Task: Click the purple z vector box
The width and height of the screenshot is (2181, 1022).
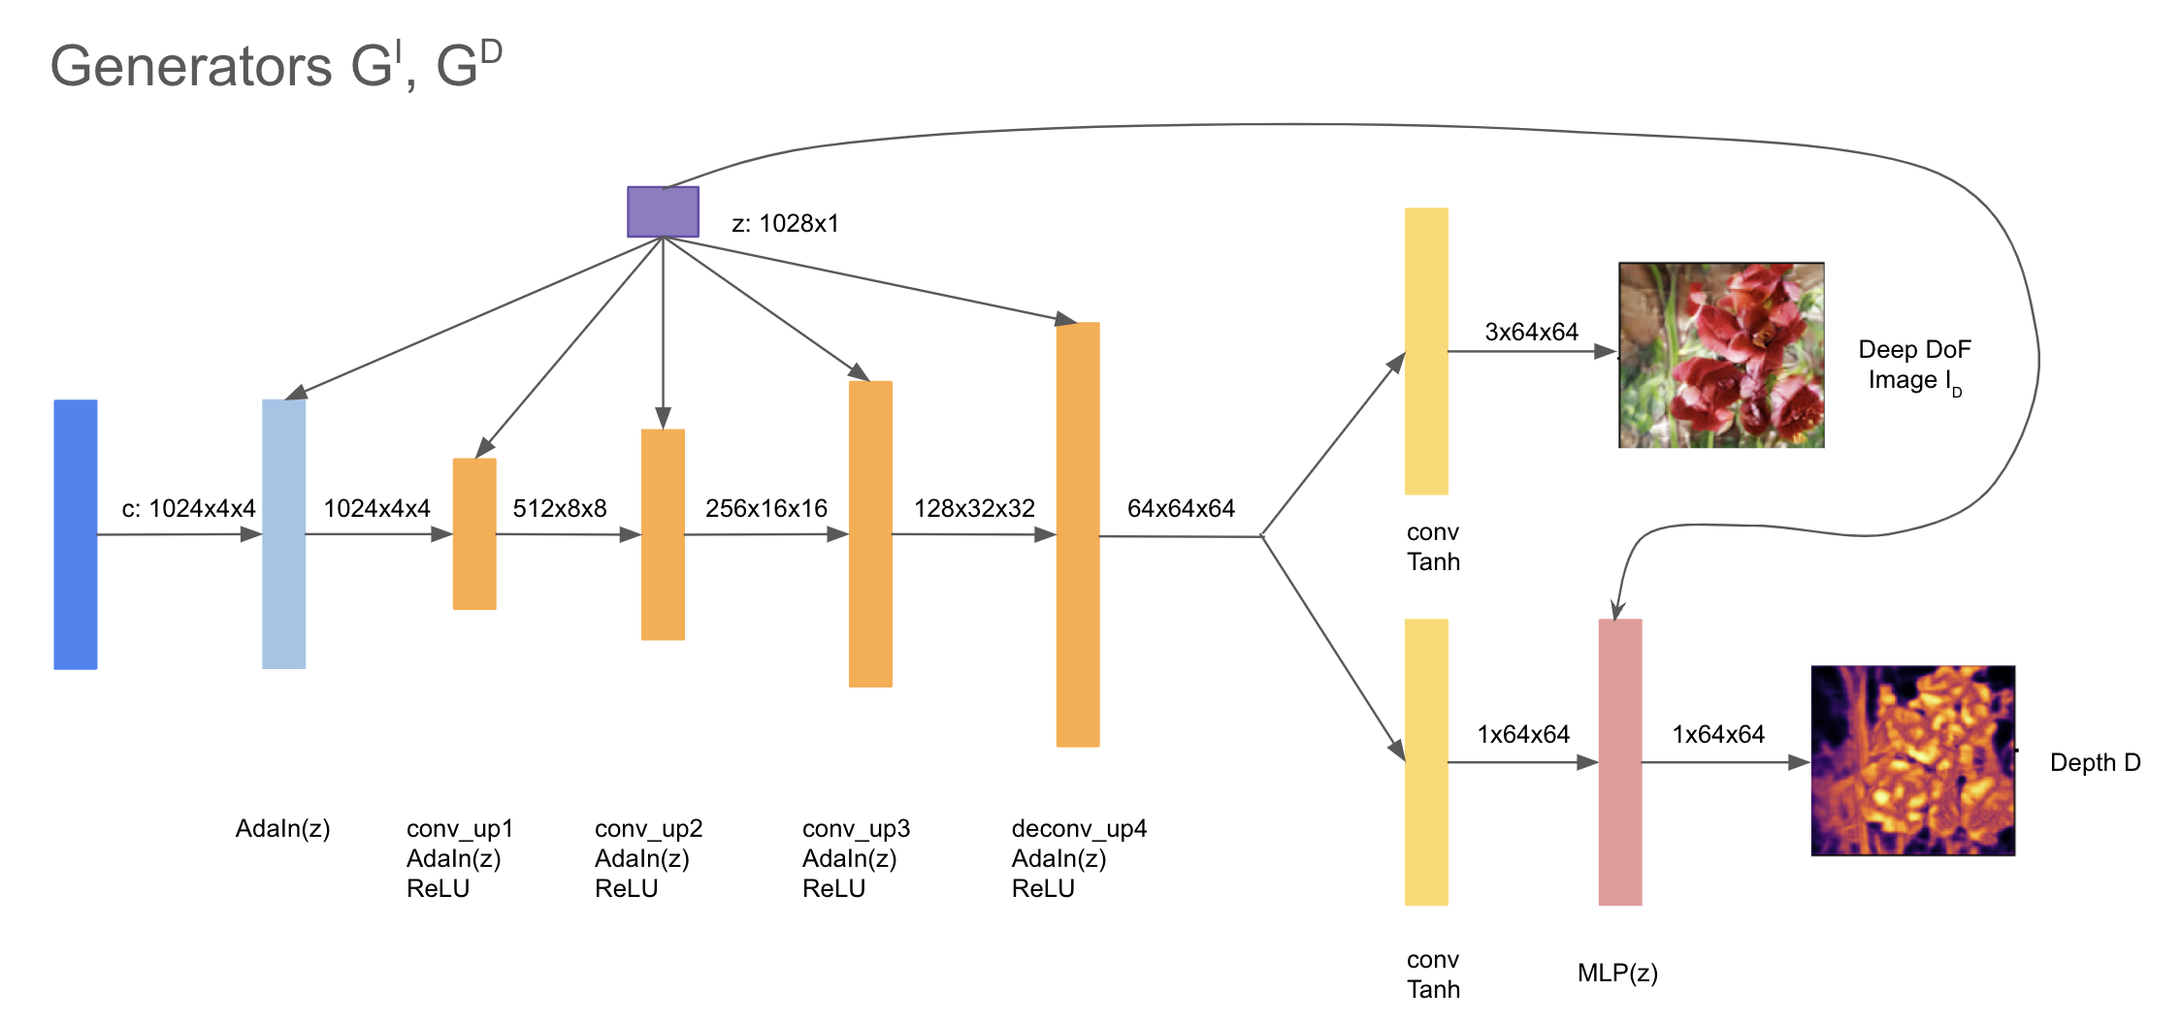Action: click(663, 211)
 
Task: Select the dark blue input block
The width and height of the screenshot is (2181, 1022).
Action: click(76, 534)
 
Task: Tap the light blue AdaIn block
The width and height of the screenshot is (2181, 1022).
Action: click(284, 534)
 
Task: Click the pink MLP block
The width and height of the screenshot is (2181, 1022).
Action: click(1620, 762)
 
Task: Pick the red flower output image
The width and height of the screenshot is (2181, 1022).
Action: click(1721, 355)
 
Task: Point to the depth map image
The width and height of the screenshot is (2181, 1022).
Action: click(1913, 760)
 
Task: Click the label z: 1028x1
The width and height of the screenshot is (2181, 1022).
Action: click(785, 224)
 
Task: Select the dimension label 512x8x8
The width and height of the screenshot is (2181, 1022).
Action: click(560, 508)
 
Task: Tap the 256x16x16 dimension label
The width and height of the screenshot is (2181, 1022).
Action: click(766, 508)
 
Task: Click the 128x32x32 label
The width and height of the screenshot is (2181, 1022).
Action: click(974, 508)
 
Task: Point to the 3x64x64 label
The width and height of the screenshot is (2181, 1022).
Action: click(1532, 332)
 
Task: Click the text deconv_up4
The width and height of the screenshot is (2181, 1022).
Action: click(1079, 829)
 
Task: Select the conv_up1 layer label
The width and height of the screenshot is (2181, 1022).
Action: click(460, 829)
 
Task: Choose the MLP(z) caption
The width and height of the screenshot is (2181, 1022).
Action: click(1617, 973)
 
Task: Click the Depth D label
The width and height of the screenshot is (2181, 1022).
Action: click(2096, 762)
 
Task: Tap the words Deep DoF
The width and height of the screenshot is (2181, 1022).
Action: click(1915, 349)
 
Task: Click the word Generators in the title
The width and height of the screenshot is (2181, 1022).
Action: click(191, 66)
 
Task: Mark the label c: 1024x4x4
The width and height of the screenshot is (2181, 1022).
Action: click(188, 508)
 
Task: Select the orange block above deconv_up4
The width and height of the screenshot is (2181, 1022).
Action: click(1078, 534)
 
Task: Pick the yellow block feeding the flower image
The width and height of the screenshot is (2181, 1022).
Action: click(1426, 351)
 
